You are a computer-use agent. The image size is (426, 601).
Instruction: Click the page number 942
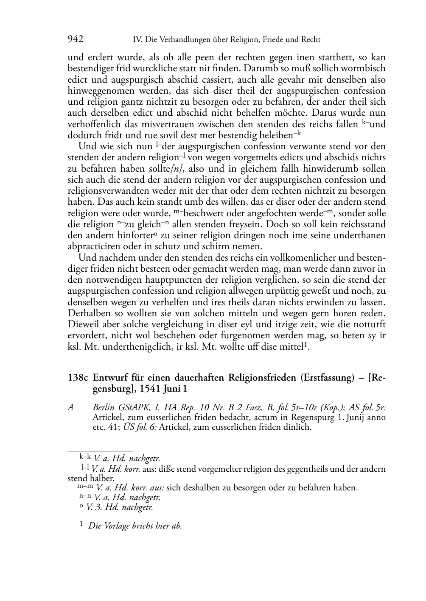pos(76,39)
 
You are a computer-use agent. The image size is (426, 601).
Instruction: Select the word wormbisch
pos(364,68)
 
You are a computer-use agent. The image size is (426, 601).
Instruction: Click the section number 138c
pos(78,378)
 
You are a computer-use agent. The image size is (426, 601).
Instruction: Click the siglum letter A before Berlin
pos(71,407)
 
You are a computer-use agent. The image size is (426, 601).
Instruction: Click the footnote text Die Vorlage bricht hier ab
pos(135,526)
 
